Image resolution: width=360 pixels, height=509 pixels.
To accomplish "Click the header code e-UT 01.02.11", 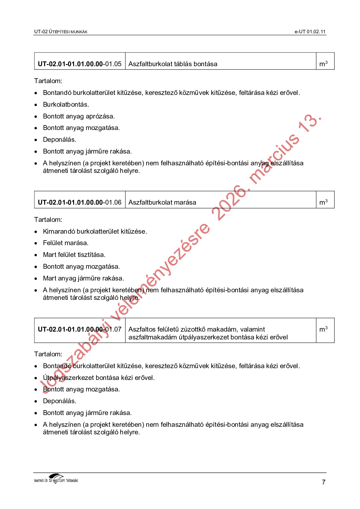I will click(310, 32).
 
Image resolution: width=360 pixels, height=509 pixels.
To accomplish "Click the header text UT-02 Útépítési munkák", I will click(61, 32).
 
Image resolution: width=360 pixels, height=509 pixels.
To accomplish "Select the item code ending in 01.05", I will click(79, 64).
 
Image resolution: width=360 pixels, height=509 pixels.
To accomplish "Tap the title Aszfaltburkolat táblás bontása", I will click(173, 64).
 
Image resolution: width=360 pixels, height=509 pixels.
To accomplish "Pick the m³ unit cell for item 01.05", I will click(323, 64).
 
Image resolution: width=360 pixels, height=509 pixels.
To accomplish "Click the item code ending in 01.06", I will click(79, 202).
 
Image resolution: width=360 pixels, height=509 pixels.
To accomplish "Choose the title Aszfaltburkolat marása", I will click(162, 202).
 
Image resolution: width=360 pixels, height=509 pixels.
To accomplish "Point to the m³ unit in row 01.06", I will click(323, 202).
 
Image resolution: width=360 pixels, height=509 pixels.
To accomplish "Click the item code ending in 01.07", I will click(79, 329).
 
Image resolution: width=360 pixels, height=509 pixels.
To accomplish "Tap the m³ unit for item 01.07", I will click(323, 329).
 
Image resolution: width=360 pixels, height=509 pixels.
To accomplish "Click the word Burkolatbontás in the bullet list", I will click(66, 105).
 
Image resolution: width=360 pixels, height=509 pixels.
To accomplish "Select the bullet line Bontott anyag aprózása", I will click(79, 116).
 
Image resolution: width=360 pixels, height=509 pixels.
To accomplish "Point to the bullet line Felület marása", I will click(66, 243).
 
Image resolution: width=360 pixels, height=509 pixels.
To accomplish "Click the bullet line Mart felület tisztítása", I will click(74, 255).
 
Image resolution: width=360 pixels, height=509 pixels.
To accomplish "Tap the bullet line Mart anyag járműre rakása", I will click(83, 278).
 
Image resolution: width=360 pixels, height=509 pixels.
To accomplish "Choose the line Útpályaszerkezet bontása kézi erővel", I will click(99, 378).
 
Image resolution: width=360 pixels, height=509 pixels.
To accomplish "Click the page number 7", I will click(323, 482).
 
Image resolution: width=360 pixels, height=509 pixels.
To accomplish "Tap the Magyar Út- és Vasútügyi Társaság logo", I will click(56, 479).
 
